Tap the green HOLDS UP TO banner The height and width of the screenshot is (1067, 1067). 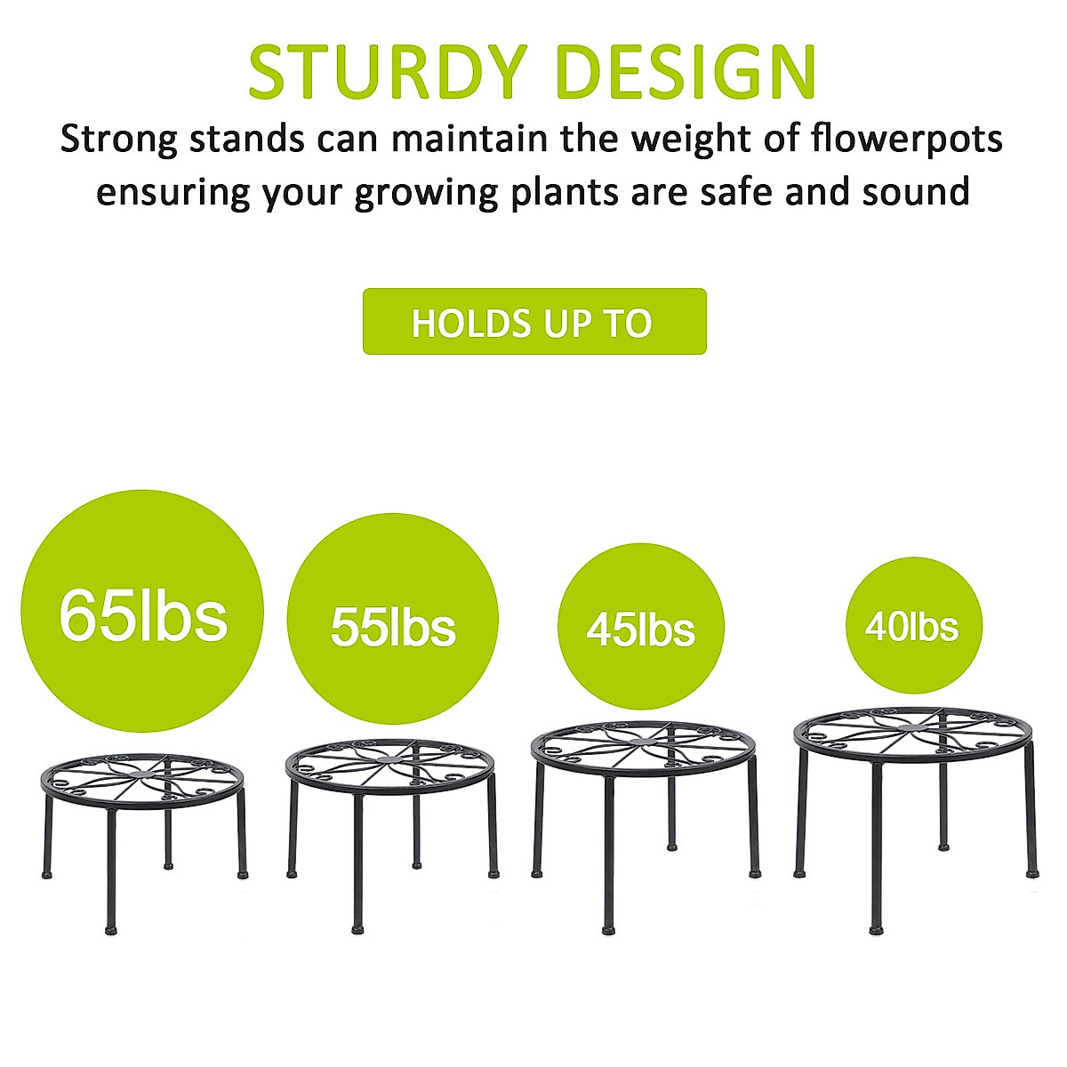tap(533, 322)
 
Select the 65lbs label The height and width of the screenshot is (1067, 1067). tap(142, 614)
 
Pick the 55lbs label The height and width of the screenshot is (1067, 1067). tap(392, 627)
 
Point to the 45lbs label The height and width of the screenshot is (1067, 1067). tap(640, 630)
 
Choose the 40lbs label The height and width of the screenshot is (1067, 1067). tap(912, 627)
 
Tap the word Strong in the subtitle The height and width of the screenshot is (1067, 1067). tap(119, 140)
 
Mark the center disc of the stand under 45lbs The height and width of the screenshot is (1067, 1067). tap(644, 741)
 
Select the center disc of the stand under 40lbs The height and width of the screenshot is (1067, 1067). tap(912, 726)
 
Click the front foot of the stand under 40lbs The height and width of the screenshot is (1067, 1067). tap(876, 929)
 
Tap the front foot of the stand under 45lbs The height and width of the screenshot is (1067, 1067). tap(609, 929)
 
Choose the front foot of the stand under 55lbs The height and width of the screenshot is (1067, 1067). tap(357, 929)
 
